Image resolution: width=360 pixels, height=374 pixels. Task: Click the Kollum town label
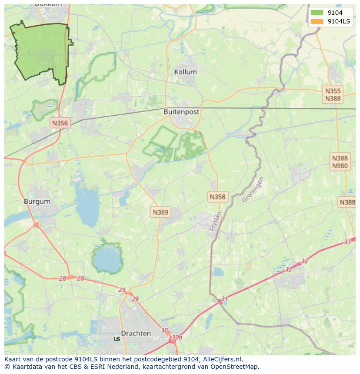click(185, 72)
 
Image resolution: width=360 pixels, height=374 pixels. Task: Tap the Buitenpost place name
click(181, 112)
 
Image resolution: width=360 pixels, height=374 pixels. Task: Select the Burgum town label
click(37, 202)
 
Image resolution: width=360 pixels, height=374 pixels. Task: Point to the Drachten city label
click(136, 334)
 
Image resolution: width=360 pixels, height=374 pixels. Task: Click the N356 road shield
click(60, 123)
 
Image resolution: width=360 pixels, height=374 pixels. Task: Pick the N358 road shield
click(217, 197)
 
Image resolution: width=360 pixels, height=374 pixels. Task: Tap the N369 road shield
click(160, 212)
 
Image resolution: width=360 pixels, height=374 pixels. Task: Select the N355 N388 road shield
click(333, 95)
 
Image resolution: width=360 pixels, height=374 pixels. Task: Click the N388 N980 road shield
click(340, 162)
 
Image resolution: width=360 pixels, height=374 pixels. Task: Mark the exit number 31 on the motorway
click(224, 299)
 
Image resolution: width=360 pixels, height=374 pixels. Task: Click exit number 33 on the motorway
click(347, 242)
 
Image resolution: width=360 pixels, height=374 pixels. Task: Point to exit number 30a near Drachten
click(177, 337)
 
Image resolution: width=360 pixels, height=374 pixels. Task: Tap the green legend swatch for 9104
click(317, 13)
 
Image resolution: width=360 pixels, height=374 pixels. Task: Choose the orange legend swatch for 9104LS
click(317, 21)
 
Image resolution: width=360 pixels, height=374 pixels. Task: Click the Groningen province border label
click(253, 189)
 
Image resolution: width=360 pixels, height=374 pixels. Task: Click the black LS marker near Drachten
click(117, 339)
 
